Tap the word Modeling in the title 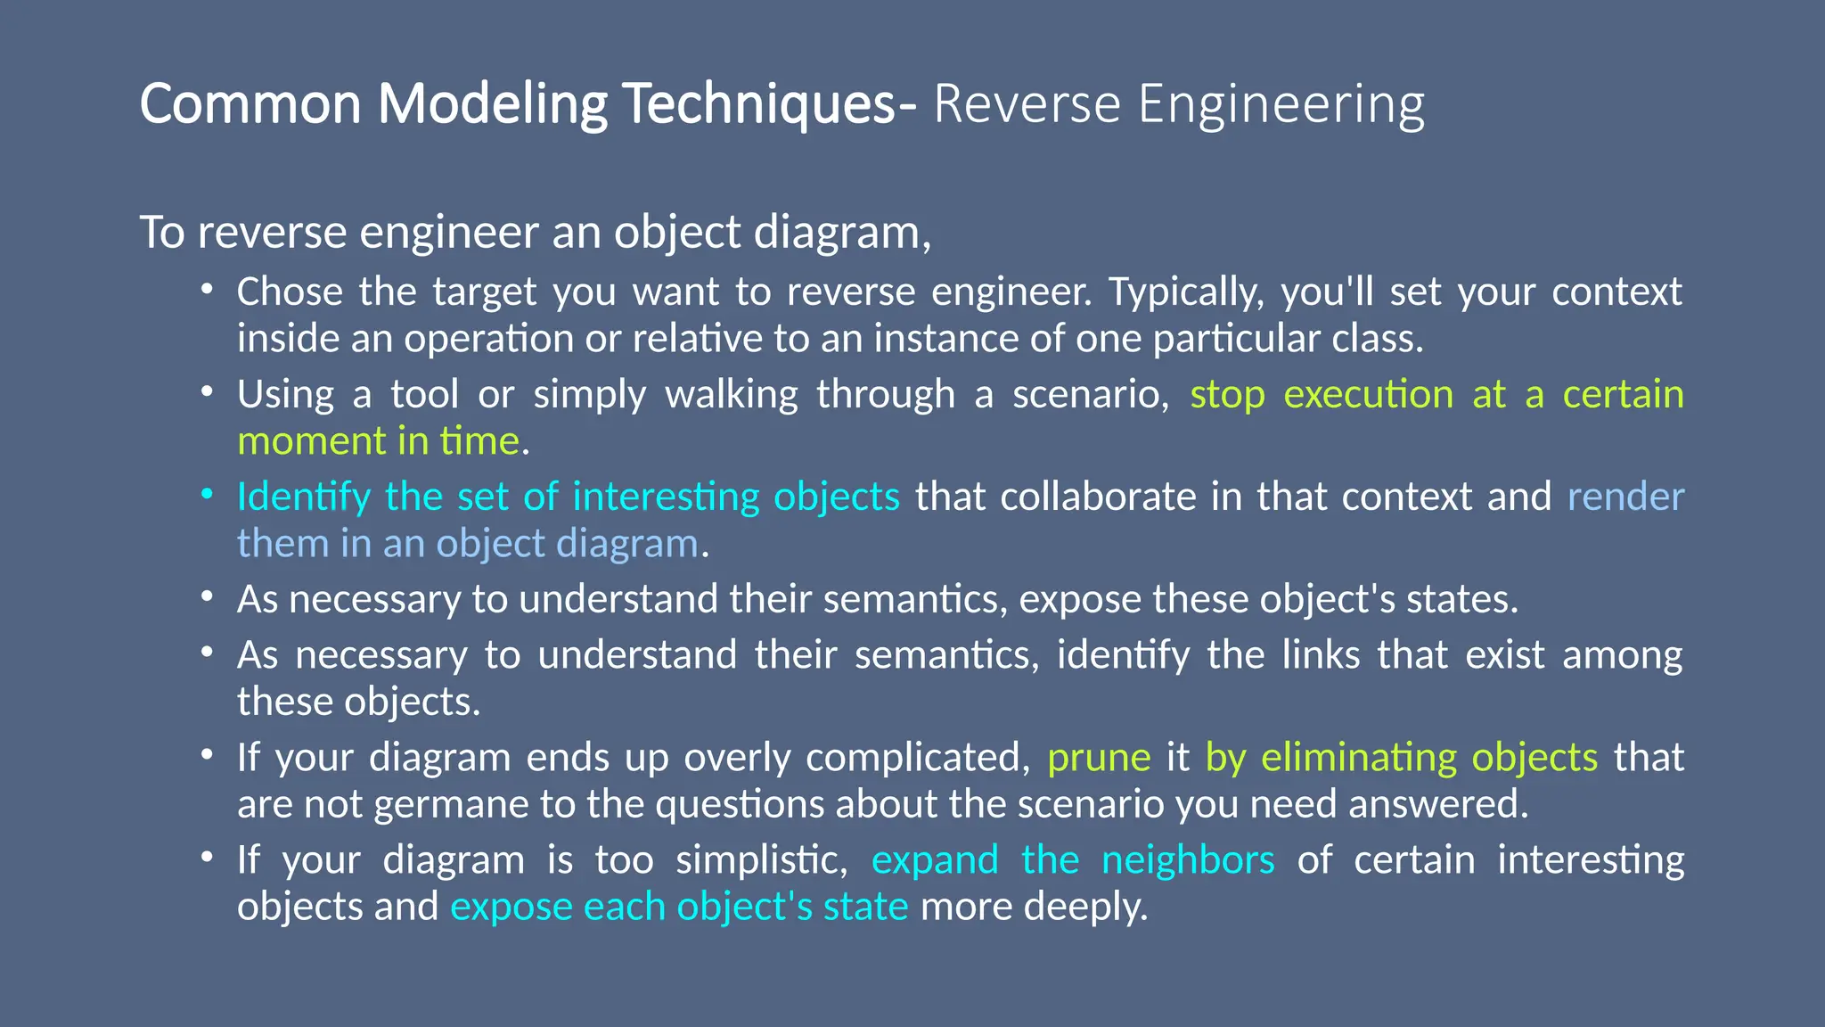click(493, 103)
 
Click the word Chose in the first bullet click(290, 292)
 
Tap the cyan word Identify click(303, 497)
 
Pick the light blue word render click(1625, 497)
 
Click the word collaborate click(1098, 497)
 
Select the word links click(1321, 655)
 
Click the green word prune click(1099, 758)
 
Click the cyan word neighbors click(1188, 860)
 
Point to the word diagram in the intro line click(842, 233)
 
